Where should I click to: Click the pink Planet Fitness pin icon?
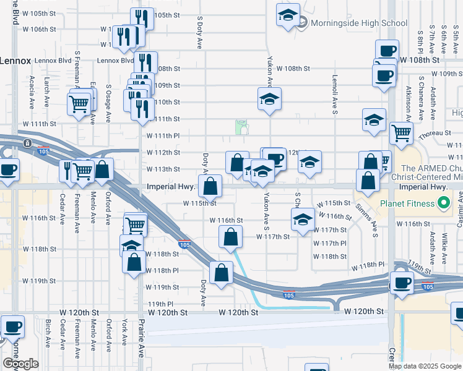pyautogui.click(x=443, y=203)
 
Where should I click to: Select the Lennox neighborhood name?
pyautogui.click(x=15, y=60)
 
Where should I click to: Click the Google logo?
pyautogui.click(x=20, y=364)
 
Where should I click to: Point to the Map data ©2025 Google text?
pyautogui.click(x=425, y=366)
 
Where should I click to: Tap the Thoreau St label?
pyautogui.click(x=433, y=133)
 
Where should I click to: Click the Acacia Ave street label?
pyautogui.click(x=32, y=92)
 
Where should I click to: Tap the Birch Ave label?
pyautogui.click(x=48, y=333)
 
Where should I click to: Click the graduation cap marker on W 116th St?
pyautogui.click(x=302, y=219)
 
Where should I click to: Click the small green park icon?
pyautogui.click(x=243, y=127)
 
